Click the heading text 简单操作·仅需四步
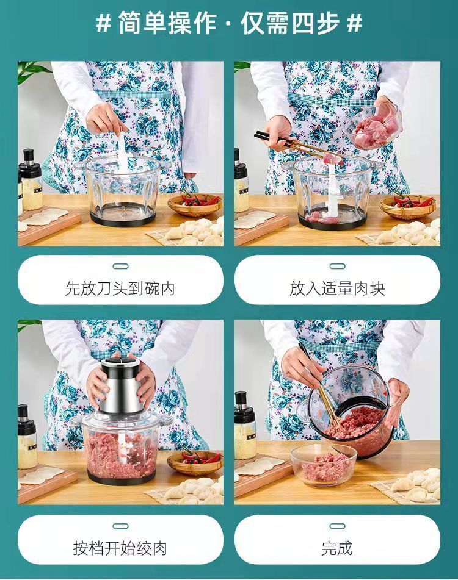(x=228, y=23)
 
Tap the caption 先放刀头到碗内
(x=120, y=288)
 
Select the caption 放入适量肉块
(x=337, y=288)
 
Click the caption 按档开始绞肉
(x=120, y=548)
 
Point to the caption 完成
(x=337, y=548)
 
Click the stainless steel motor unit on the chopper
(x=121, y=386)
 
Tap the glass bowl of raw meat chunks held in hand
(x=376, y=126)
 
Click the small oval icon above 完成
(x=337, y=526)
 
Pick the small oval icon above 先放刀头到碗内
(x=120, y=267)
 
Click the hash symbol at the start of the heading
(x=103, y=24)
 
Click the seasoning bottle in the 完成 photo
(x=246, y=425)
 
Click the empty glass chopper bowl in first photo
(x=122, y=190)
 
